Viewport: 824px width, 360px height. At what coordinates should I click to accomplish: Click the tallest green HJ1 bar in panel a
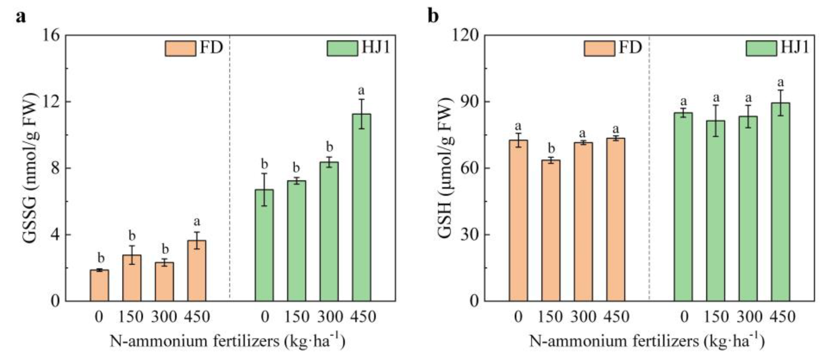click(x=362, y=208)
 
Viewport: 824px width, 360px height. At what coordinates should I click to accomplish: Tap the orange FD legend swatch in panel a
click(x=180, y=49)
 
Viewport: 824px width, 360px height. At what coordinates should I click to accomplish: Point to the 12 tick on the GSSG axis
click(x=51, y=102)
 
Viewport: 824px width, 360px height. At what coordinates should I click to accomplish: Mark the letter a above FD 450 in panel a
click(x=197, y=222)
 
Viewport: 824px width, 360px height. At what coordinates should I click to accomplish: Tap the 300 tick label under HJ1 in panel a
click(x=330, y=317)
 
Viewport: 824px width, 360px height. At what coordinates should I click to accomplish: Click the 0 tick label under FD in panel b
click(x=518, y=317)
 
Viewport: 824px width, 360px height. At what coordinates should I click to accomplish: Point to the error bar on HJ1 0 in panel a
click(x=264, y=189)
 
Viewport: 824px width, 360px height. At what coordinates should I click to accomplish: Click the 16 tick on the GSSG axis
click(x=51, y=35)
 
